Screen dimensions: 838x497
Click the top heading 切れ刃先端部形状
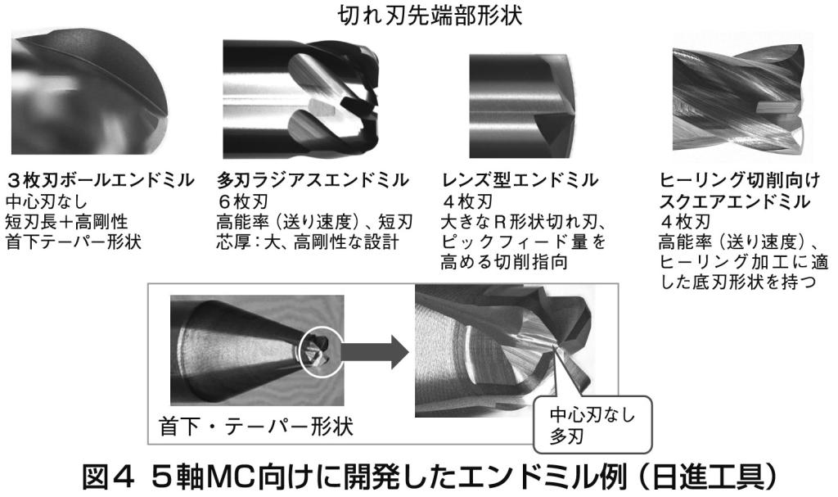[430, 16]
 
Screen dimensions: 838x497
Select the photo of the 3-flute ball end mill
[90, 93]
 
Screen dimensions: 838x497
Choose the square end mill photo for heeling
[738, 100]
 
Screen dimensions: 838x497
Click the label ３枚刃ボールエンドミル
[99, 180]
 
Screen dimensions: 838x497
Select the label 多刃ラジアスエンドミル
[313, 180]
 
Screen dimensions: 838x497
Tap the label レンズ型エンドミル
[520, 180]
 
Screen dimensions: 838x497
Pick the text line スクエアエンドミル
[735, 201]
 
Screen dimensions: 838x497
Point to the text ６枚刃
[242, 201]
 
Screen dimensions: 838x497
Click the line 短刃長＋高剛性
[67, 221]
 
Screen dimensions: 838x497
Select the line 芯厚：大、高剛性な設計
[308, 242]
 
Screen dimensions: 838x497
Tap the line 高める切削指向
[504, 262]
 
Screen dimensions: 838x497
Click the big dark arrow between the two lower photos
[375, 351]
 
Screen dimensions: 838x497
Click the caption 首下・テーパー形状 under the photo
[256, 427]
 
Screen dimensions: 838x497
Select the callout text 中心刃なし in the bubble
[592, 414]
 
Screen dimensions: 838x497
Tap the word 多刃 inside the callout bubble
[566, 436]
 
